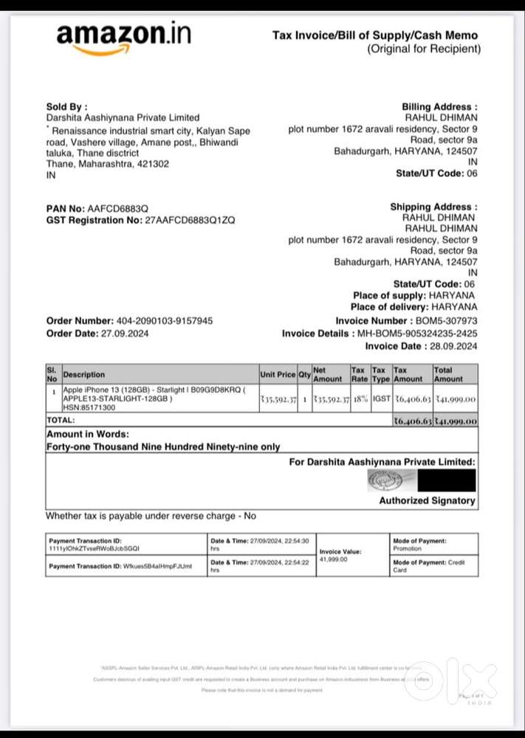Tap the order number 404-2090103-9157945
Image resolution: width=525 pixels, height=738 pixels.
(x=165, y=321)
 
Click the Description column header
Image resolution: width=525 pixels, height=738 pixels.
(x=84, y=375)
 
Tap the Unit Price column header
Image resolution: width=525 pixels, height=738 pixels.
(x=277, y=375)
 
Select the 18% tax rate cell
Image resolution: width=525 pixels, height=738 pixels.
(x=359, y=399)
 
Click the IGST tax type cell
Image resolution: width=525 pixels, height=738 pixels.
(x=380, y=399)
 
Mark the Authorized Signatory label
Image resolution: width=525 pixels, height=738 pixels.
(x=427, y=500)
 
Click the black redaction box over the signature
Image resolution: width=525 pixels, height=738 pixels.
(x=446, y=480)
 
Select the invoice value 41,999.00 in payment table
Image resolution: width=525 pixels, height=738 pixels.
(x=333, y=559)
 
